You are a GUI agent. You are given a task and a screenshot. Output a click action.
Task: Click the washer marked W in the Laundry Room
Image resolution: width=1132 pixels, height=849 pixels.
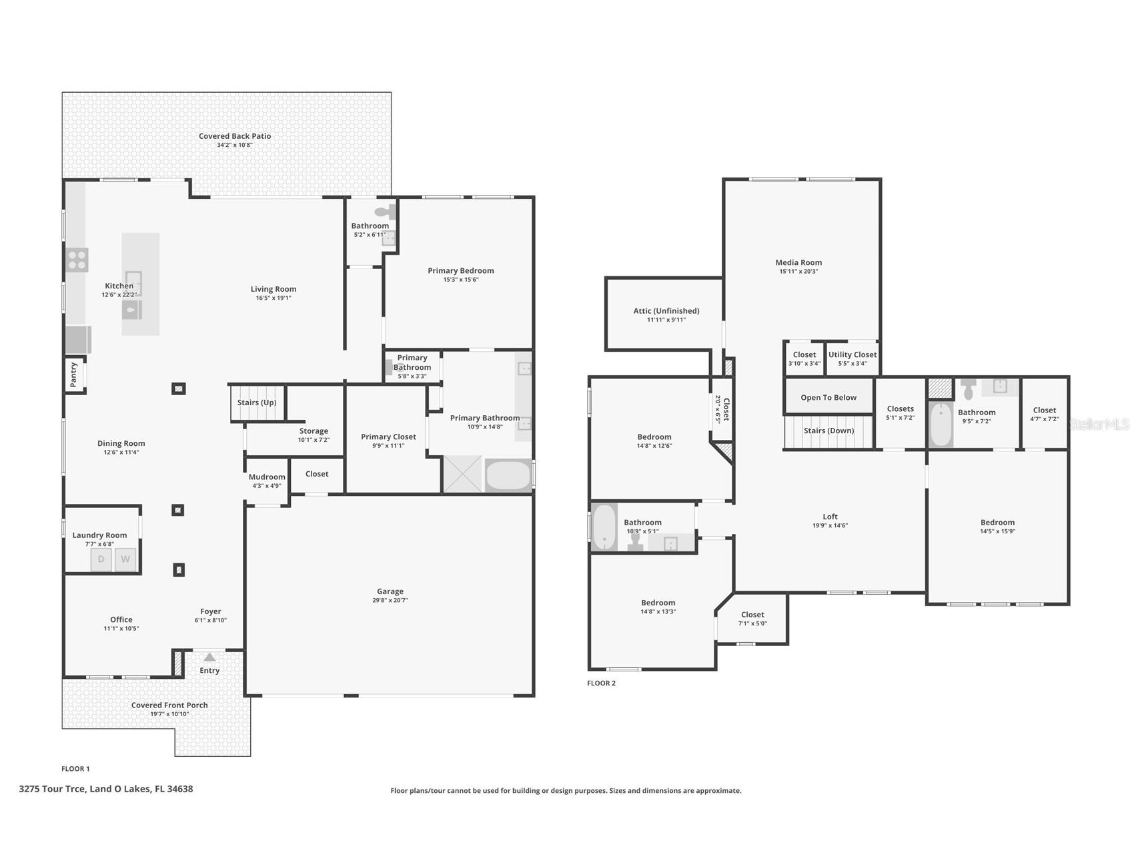(x=125, y=559)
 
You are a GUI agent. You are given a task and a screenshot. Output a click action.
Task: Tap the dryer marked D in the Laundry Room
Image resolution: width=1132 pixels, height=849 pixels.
(x=101, y=559)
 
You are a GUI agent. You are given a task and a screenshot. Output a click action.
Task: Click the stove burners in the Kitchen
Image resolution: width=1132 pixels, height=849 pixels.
(x=77, y=260)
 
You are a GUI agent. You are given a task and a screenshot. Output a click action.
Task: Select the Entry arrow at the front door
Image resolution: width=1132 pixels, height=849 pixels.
(x=209, y=657)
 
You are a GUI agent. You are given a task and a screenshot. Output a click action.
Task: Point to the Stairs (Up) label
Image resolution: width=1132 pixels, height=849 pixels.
(x=257, y=402)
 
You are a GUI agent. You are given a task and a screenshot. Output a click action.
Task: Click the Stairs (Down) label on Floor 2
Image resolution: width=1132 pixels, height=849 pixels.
(x=828, y=431)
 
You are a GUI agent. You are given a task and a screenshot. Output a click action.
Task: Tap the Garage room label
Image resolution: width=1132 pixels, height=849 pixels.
(x=390, y=591)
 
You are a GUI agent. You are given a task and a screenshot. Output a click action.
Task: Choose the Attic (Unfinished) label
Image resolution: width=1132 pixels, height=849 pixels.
(x=666, y=310)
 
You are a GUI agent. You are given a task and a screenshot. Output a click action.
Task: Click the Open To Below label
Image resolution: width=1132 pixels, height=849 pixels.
(x=828, y=398)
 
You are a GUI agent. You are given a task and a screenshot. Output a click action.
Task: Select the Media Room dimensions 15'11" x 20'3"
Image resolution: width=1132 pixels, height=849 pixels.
(x=798, y=272)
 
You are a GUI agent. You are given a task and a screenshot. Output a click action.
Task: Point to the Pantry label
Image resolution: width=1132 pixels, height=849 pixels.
(x=74, y=375)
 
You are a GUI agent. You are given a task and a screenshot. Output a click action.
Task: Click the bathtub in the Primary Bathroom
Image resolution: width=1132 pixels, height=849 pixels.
(x=508, y=476)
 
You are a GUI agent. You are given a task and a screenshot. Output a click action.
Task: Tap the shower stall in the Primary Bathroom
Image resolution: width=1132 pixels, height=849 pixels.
(x=462, y=474)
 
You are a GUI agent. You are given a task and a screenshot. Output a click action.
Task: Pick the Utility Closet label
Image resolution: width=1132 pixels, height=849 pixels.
(x=853, y=355)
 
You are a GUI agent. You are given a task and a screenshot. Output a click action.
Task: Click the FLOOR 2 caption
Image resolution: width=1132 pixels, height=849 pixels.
(x=601, y=683)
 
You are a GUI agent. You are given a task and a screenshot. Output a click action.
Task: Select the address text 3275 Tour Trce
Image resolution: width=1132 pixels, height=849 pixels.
(x=52, y=789)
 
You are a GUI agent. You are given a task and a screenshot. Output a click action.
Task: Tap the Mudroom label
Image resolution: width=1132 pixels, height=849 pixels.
(x=267, y=477)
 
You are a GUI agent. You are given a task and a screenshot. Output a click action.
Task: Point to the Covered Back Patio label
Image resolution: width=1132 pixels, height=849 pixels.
(x=235, y=136)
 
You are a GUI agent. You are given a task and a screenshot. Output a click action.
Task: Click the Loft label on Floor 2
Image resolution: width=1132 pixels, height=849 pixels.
(x=830, y=517)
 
